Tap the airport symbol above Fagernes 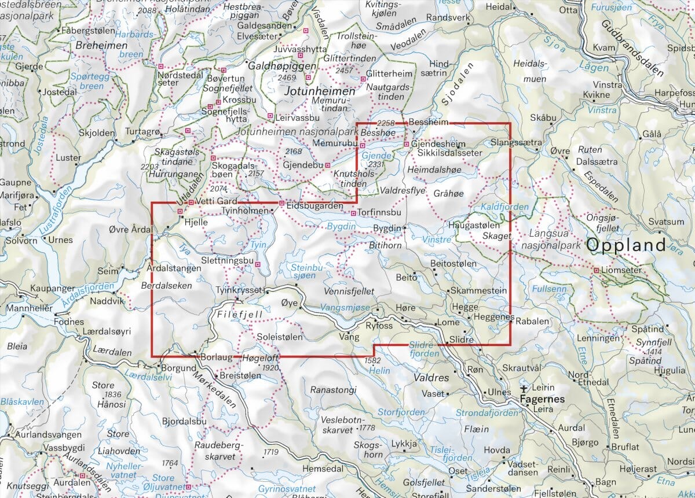525,388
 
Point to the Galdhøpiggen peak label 282,67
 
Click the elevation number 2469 287,78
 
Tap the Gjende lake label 372,156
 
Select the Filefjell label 240,315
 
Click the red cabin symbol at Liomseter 595,270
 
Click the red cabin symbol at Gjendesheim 407,144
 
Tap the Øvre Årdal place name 130,229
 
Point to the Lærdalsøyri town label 109,332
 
